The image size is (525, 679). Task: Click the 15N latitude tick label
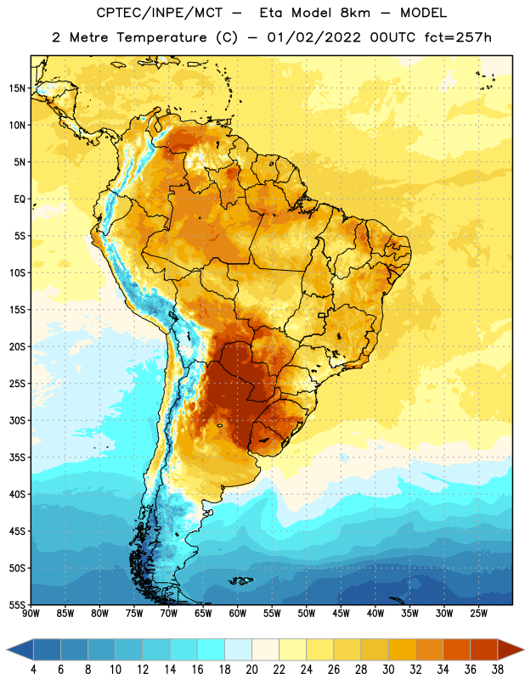coord(17,88)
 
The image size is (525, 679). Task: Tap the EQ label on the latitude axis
coord(20,199)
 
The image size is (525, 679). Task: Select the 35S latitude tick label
coord(17,457)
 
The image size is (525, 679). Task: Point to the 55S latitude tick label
coord(17,604)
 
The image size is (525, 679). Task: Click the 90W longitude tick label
coord(31,614)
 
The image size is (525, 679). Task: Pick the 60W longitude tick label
coord(238,614)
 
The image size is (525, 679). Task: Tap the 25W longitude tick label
coord(478,614)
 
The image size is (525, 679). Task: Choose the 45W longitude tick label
coord(341,614)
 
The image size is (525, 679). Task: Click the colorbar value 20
coord(251,670)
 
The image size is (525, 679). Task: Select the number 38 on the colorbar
coord(497,670)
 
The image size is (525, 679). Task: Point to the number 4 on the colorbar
coord(33,670)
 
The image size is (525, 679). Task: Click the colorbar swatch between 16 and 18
coord(212,649)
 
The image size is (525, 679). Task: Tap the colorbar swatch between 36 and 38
coord(484,649)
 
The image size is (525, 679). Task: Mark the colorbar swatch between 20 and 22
coord(266,649)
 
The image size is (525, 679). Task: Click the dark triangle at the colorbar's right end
coord(511,649)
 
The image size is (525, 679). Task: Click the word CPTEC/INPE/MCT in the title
coord(159,14)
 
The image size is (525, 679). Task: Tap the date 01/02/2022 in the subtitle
coord(313,37)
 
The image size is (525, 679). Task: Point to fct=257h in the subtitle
coord(458,37)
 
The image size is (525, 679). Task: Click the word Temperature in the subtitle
coord(161,38)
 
